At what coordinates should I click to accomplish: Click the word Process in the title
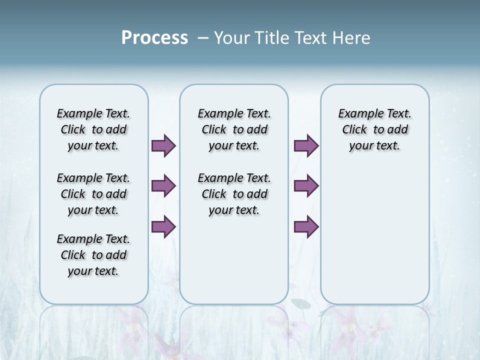pyautogui.click(x=154, y=38)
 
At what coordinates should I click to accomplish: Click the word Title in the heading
pyautogui.click(x=272, y=38)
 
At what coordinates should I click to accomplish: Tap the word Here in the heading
pyautogui.click(x=352, y=38)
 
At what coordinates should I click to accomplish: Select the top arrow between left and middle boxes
pyautogui.click(x=163, y=146)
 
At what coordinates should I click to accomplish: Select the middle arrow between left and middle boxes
pyautogui.click(x=163, y=186)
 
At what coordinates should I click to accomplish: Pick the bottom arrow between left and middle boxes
pyautogui.click(x=163, y=227)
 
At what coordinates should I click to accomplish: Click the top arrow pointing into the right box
pyautogui.click(x=306, y=146)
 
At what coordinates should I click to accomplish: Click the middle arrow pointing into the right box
pyautogui.click(x=306, y=186)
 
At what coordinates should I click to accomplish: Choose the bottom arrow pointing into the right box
pyautogui.click(x=306, y=227)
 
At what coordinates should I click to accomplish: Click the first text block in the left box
pyautogui.click(x=93, y=129)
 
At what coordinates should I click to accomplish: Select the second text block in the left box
pyautogui.click(x=93, y=194)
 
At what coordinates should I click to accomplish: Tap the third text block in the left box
pyautogui.click(x=93, y=255)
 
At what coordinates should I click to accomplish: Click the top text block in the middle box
pyautogui.click(x=234, y=129)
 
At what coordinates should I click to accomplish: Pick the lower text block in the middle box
pyautogui.click(x=234, y=194)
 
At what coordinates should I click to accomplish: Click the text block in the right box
pyautogui.click(x=374, y=129)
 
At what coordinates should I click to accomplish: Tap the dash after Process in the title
pyautogui.click(x=203, y=38)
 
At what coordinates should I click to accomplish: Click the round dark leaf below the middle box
pyautogui.click(x=300, y=303)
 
